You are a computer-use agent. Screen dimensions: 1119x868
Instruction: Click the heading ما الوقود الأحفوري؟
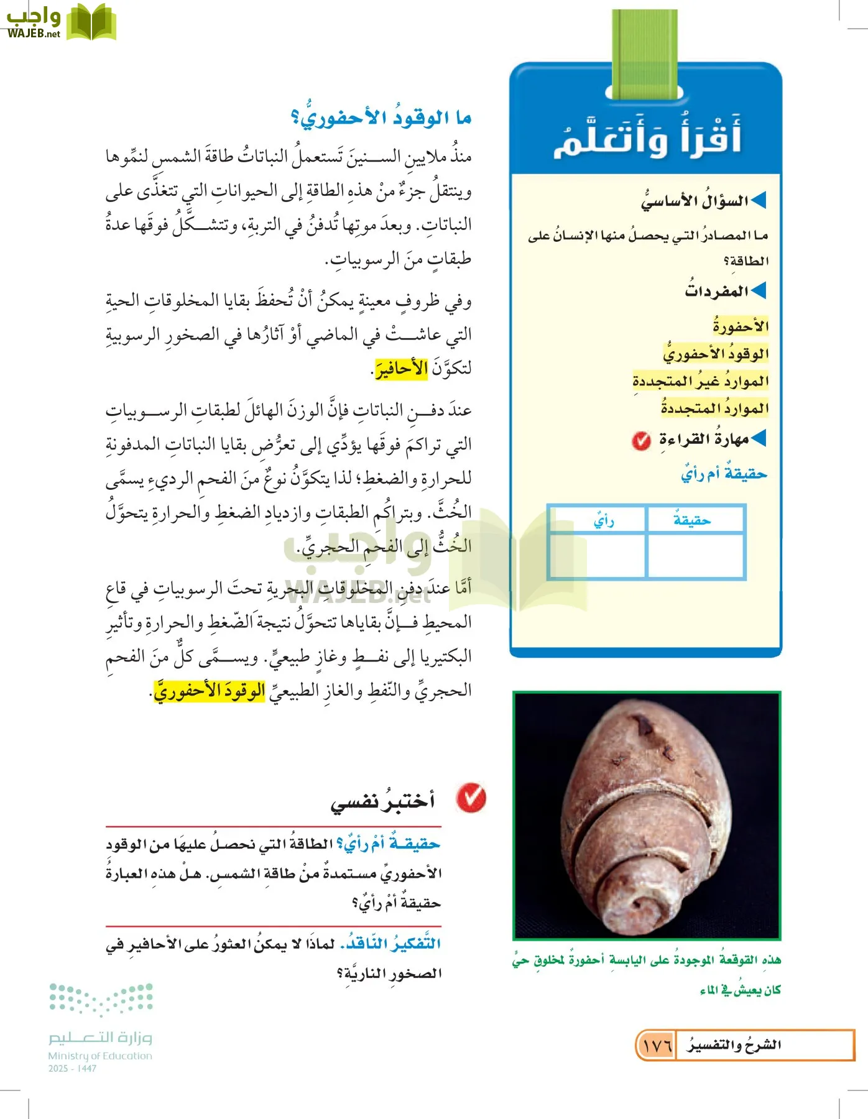(381, 117)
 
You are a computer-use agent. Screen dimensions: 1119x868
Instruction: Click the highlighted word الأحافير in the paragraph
(401, 369)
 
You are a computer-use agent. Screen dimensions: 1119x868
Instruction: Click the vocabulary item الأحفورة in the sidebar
(741, 326)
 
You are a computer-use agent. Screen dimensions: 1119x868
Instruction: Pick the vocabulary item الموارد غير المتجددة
(700, 380)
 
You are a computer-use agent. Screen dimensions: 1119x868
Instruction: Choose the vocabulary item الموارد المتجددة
(714, 408)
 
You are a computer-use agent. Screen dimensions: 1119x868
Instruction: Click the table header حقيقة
(692, 520)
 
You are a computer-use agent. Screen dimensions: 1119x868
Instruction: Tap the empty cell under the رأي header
(597, 556)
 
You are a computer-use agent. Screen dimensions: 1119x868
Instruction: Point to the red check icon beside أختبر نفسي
(471, 798)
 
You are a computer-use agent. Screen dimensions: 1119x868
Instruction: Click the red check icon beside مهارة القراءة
(641, 441)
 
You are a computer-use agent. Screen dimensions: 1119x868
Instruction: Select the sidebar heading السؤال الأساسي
(695, 201)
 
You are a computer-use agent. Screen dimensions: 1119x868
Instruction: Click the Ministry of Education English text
(100, 1056)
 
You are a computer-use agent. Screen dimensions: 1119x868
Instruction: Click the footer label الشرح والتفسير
(734, 1046)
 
